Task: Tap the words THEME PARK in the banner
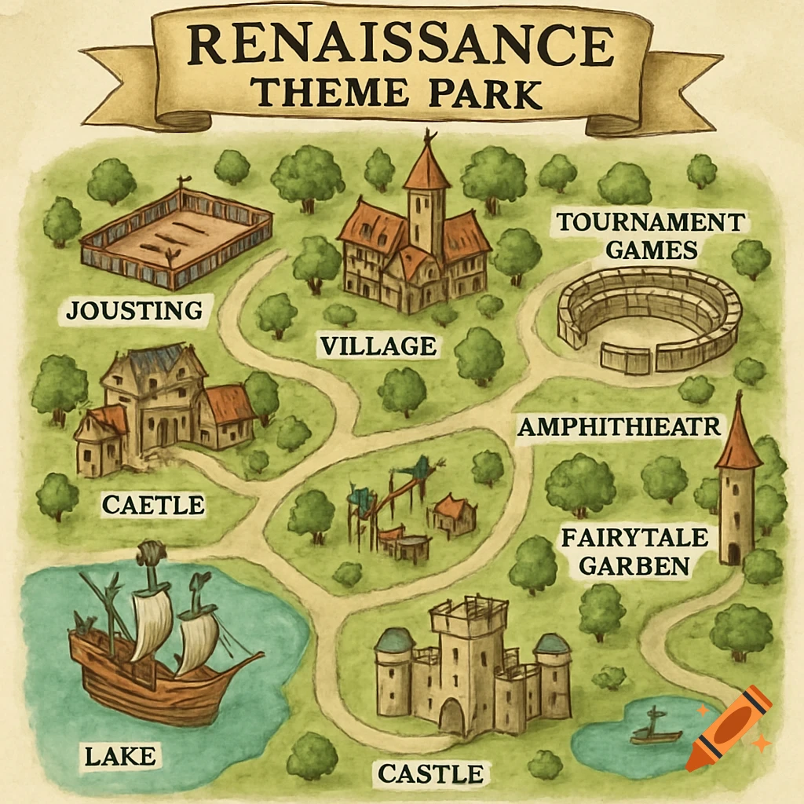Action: pos(397,93)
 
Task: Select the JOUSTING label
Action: pos(133,310)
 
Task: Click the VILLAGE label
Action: pos(377,345)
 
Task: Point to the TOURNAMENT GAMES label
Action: pos(651,236)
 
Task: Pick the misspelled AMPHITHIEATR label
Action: pos(619,427)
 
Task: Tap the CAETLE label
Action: pos(153,505)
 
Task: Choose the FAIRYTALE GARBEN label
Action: pos(634,552)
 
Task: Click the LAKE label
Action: pos(119,757)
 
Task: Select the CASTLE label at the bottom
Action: pos(430,773)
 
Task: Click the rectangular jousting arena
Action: pos(177,236)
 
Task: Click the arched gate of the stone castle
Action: pos(451,717)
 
